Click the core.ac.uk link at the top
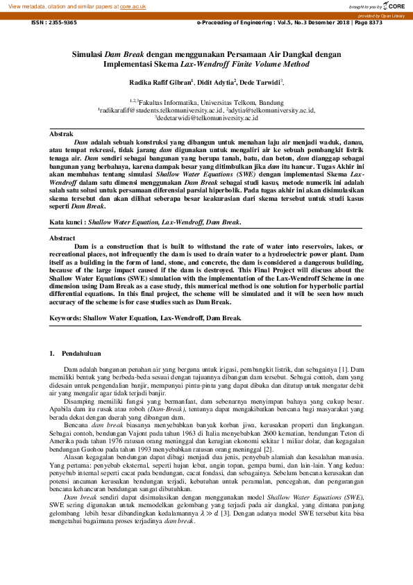coord(133,5)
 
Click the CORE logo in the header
coord(394,6)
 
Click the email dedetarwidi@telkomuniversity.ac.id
coord(206,119)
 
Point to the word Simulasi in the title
coord(87,53)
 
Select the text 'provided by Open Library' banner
coord(381,15)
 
